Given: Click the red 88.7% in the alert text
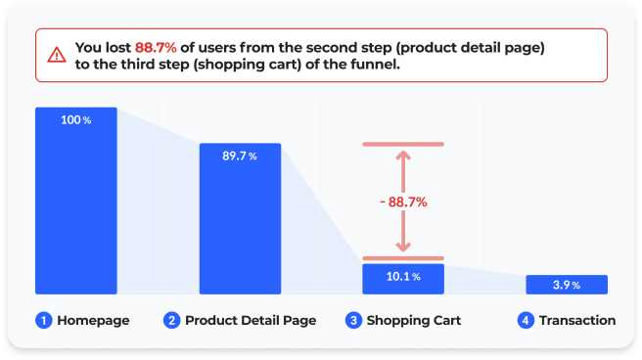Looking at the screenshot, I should (x=157, y=47).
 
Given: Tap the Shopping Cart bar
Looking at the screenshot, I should (x=402, y=279).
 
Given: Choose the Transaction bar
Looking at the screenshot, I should (x=566, y=285).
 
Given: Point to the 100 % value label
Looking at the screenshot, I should (x=75, y=120).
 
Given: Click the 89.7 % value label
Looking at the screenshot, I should (x=239, y=157).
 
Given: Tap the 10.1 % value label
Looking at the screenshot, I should (x=402, y=277).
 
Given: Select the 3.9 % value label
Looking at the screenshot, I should (x=566, y=285).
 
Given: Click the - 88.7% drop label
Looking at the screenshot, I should (x=402, y=202).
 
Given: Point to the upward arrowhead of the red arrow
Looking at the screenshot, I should (x=402, y=156).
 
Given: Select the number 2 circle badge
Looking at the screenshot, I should (x=171, y=320).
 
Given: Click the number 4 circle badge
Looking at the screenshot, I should (x=526, y=320).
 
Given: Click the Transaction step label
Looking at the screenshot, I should (x=576, y=320).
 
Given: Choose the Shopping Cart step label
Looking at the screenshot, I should (x=413, y=320).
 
